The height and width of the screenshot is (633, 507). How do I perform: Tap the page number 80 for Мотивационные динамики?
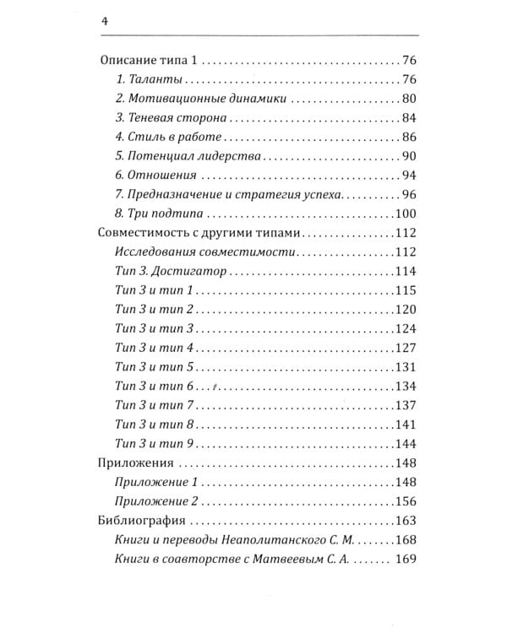point(411,100)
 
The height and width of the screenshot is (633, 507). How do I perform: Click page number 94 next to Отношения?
point(411,176)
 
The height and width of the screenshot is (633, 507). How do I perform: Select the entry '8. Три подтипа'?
point(155,214)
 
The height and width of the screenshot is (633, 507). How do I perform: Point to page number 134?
point(407,386)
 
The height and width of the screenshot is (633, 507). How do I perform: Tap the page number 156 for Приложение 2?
point(407,501)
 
